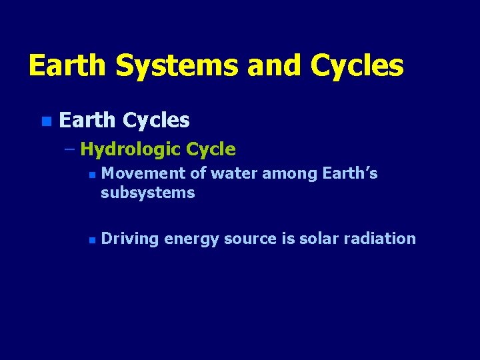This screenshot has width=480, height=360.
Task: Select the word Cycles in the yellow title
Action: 357,66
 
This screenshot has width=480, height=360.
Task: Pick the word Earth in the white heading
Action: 87,120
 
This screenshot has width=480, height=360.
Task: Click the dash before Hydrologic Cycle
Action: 70,149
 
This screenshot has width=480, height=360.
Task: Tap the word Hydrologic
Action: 130,149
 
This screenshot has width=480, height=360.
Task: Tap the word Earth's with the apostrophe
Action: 350,173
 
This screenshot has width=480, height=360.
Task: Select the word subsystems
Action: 147,193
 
